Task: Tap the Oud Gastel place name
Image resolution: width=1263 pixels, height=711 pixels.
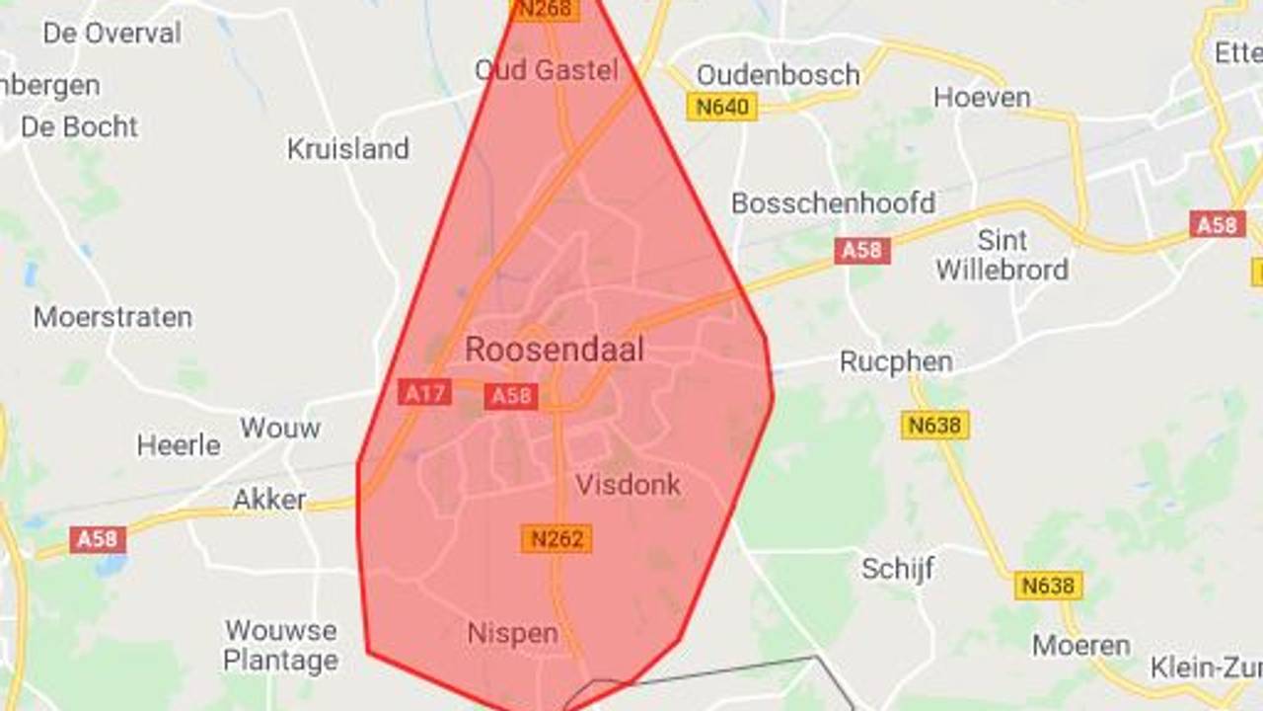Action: click(547, 70)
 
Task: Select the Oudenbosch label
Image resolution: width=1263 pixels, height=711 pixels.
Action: click(778, 74)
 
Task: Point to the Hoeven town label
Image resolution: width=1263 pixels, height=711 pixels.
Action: click(982, 97)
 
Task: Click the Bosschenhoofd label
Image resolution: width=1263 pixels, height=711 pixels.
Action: click(833, 203)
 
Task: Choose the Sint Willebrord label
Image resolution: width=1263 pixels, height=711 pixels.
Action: click(1002, 255)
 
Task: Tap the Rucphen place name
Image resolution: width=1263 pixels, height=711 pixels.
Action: click(896, 362)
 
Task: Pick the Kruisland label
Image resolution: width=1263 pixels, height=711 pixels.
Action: click(347, 149)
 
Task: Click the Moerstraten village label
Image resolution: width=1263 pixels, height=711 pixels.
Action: click(112, 317)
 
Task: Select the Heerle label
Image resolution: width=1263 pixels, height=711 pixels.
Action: click(179, 445)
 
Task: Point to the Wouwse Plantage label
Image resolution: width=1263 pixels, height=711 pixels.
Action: click(281, 645)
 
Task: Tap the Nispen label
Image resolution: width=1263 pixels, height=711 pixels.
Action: click(513, 633)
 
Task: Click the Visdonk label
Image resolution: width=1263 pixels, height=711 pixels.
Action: click(628, 485)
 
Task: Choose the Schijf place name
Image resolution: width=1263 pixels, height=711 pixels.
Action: click(897, 569)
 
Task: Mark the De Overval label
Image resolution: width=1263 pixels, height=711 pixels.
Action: click(111, 33)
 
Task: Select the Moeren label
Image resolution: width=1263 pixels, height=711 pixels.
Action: click(1081, 646)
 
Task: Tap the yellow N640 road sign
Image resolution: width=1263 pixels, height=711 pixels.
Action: click(722, 107)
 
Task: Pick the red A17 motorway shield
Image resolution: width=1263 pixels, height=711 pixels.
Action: click(425, 393)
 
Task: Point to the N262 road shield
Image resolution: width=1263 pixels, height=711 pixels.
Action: click(557, 538)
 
